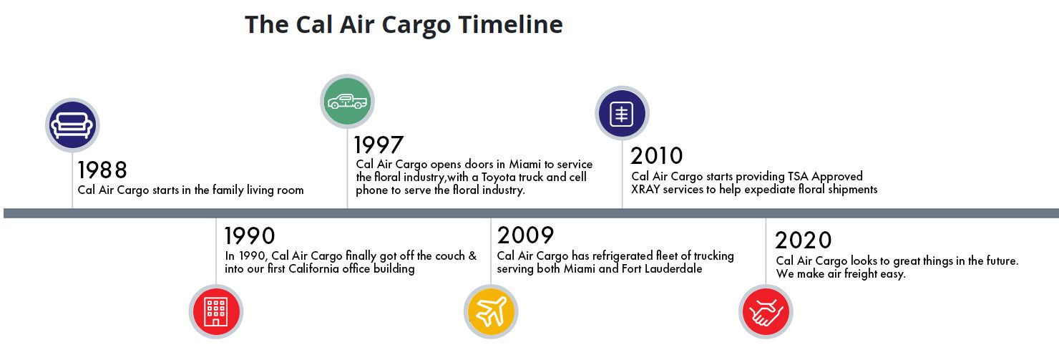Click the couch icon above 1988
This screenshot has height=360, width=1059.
coord(72,125)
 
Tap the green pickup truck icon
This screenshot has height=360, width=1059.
coord(348,101)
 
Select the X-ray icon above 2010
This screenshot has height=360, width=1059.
coord(623,114)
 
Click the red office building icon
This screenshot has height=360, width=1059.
coord(216,312)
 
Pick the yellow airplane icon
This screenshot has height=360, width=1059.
coord(491,312)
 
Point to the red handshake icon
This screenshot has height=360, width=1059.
coord(766,312)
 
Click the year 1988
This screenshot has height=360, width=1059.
coord(102,170)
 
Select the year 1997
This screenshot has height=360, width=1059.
coord(379,145)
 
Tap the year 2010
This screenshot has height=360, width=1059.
coord(657,155)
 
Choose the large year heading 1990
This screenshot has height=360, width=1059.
coord(250,235)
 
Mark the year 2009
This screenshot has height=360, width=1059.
coord(525,235)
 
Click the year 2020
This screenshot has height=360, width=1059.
coord(804,240)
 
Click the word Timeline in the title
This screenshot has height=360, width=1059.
coord(511,24)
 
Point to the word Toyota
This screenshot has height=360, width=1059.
coord(498,177)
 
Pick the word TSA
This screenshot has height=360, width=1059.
coord(798,177)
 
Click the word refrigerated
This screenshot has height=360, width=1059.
coord(623,256)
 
